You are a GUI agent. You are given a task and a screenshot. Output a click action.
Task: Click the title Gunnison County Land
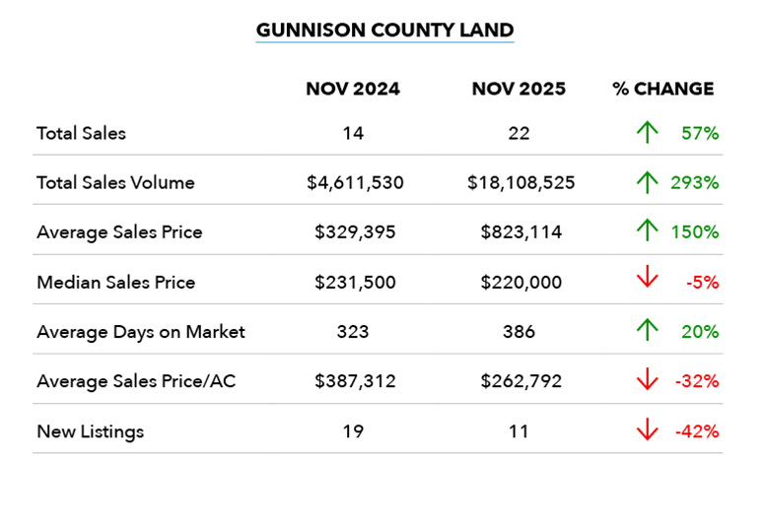384,30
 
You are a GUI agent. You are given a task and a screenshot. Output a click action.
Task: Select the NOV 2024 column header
353,89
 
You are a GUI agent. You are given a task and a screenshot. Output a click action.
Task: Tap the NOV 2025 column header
519,89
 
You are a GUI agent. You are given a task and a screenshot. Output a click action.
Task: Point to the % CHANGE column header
662,89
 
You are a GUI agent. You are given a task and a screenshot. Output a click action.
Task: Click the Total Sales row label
81,133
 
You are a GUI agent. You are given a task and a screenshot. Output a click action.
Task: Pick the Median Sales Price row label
115,283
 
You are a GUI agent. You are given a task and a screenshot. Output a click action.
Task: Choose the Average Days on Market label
140,332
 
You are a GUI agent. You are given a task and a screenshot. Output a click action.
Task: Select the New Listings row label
90,431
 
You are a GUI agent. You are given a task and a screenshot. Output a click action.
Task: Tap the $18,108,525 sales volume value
519,182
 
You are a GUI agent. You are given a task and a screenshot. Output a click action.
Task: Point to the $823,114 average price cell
519,232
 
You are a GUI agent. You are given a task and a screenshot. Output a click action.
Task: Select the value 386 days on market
519,332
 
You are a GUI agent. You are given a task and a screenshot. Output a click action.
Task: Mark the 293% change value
698,182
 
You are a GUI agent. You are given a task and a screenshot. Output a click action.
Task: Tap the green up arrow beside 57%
647,133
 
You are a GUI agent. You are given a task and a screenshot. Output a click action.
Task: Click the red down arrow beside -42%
647,430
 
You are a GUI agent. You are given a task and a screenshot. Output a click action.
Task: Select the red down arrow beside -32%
647,381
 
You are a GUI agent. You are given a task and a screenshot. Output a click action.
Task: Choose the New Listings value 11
519,431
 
